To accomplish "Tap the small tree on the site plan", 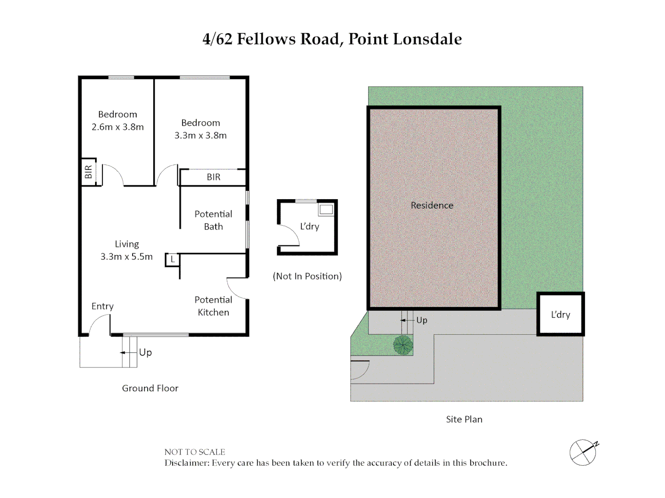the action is pos(403,345).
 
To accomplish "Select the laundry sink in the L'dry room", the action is pos(326,209).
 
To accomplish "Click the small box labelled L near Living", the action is pos(172,260).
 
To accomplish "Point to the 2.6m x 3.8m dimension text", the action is pos(118,127).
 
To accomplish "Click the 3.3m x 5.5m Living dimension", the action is pos(127,257).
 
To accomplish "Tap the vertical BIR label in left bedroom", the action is pos(88,172).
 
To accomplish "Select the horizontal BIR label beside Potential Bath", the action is pos(214,177).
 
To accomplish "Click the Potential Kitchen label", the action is pos(213,306).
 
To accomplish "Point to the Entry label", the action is pos(103,306).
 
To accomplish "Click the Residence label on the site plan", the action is pos(432,206).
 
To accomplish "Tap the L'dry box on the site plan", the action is pos(561,314).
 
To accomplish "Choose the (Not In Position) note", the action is pos(308,276).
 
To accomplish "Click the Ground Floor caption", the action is pos(150,388).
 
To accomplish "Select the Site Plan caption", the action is pos(464,420).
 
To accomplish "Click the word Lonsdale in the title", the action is pos(428,39).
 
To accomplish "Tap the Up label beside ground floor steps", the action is pos(145,353).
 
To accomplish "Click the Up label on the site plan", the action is pos(422,320).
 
